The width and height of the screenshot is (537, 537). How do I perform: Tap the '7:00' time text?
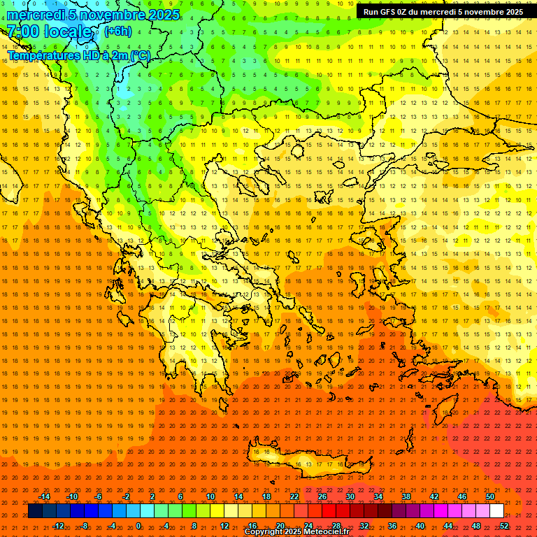click(x=22, y=31)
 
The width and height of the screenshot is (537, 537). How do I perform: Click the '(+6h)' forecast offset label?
click(x=117, y=31)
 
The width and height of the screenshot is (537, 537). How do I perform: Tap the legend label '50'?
click(x=490, y=496)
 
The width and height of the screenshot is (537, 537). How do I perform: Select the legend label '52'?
click(x=504, y=526)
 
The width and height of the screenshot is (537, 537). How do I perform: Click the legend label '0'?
click(x=138, y=526)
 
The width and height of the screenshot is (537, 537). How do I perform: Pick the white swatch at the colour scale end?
click(x=496, y=511)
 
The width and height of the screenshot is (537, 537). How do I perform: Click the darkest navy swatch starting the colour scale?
click(x=35, y=511)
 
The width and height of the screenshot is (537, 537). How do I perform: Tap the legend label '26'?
click(x=322, y=496)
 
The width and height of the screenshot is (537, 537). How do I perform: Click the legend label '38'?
click(x=406, y=496)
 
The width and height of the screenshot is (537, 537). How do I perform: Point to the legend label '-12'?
click(x=58, y=526)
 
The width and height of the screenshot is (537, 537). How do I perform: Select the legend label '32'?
click(x=364, y=526)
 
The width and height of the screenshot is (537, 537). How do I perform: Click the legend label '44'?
click(x=448, y=526)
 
